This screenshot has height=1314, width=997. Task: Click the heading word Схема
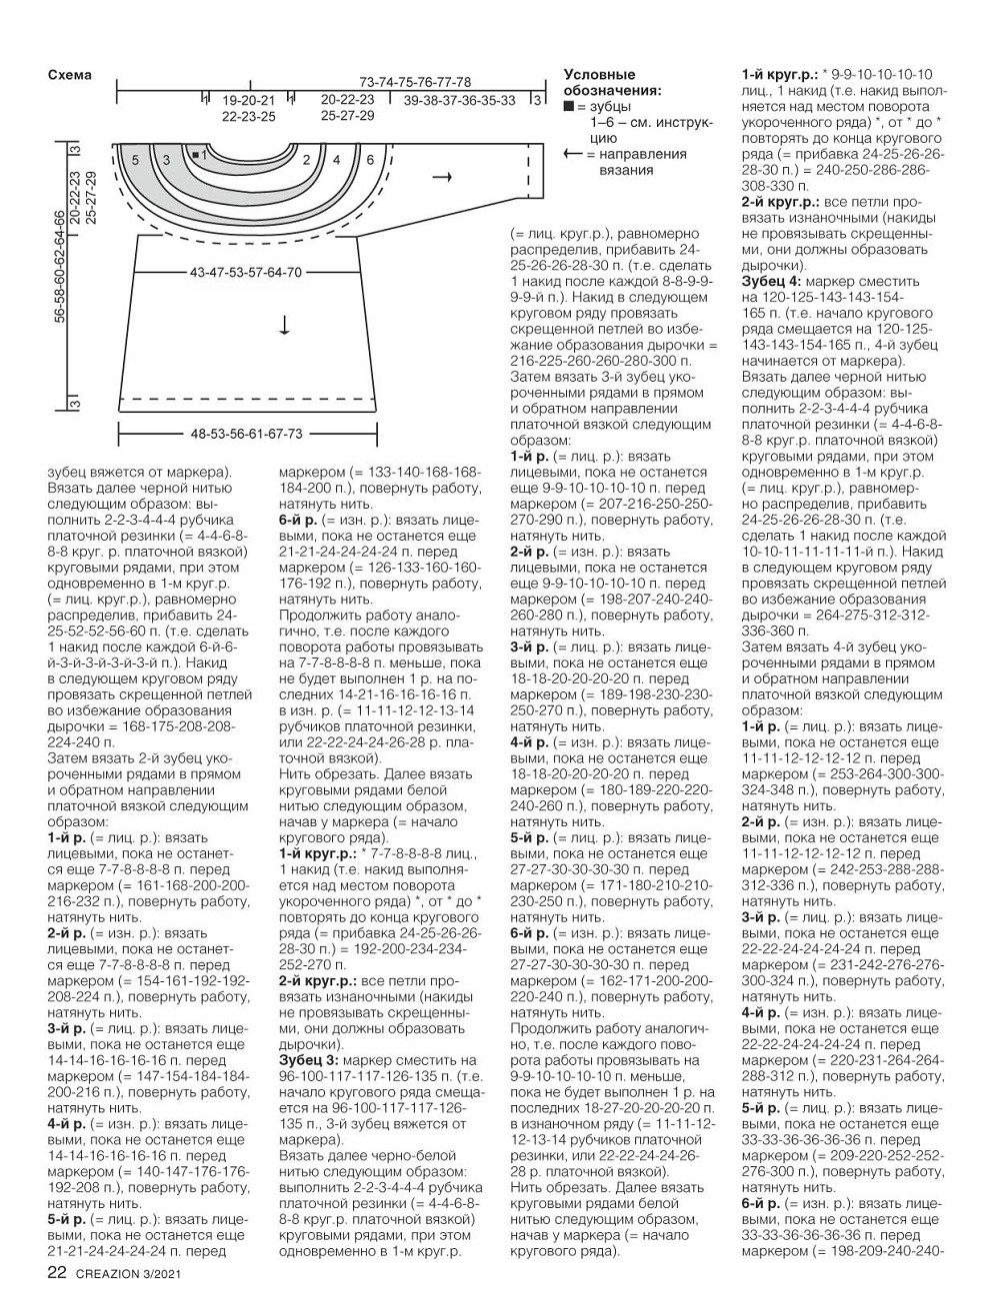[69, 75]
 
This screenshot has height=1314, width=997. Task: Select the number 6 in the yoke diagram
[370, 159]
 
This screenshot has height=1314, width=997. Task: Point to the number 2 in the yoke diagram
[306, 159]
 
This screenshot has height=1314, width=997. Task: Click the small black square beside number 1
[194, 155]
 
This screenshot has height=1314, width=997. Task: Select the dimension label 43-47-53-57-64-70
[245, 272]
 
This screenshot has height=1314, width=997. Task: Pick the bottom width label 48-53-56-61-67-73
[246, 434]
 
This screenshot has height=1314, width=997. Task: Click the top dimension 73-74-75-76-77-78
[415, 82]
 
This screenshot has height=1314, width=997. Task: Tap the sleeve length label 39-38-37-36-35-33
[460, 100]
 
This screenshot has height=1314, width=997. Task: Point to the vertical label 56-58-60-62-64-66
[61, 266]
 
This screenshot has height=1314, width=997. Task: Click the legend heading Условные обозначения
[612, 83]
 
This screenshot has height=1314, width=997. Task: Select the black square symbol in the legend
[569, 106]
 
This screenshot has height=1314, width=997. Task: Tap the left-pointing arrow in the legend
[573, 154]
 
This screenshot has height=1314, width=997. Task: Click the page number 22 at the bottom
[57, 1272]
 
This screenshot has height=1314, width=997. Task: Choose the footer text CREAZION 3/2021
[128, 1273]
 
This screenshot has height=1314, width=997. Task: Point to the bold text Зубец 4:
[774, 282]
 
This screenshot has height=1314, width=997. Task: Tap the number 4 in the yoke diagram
[337, 159]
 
